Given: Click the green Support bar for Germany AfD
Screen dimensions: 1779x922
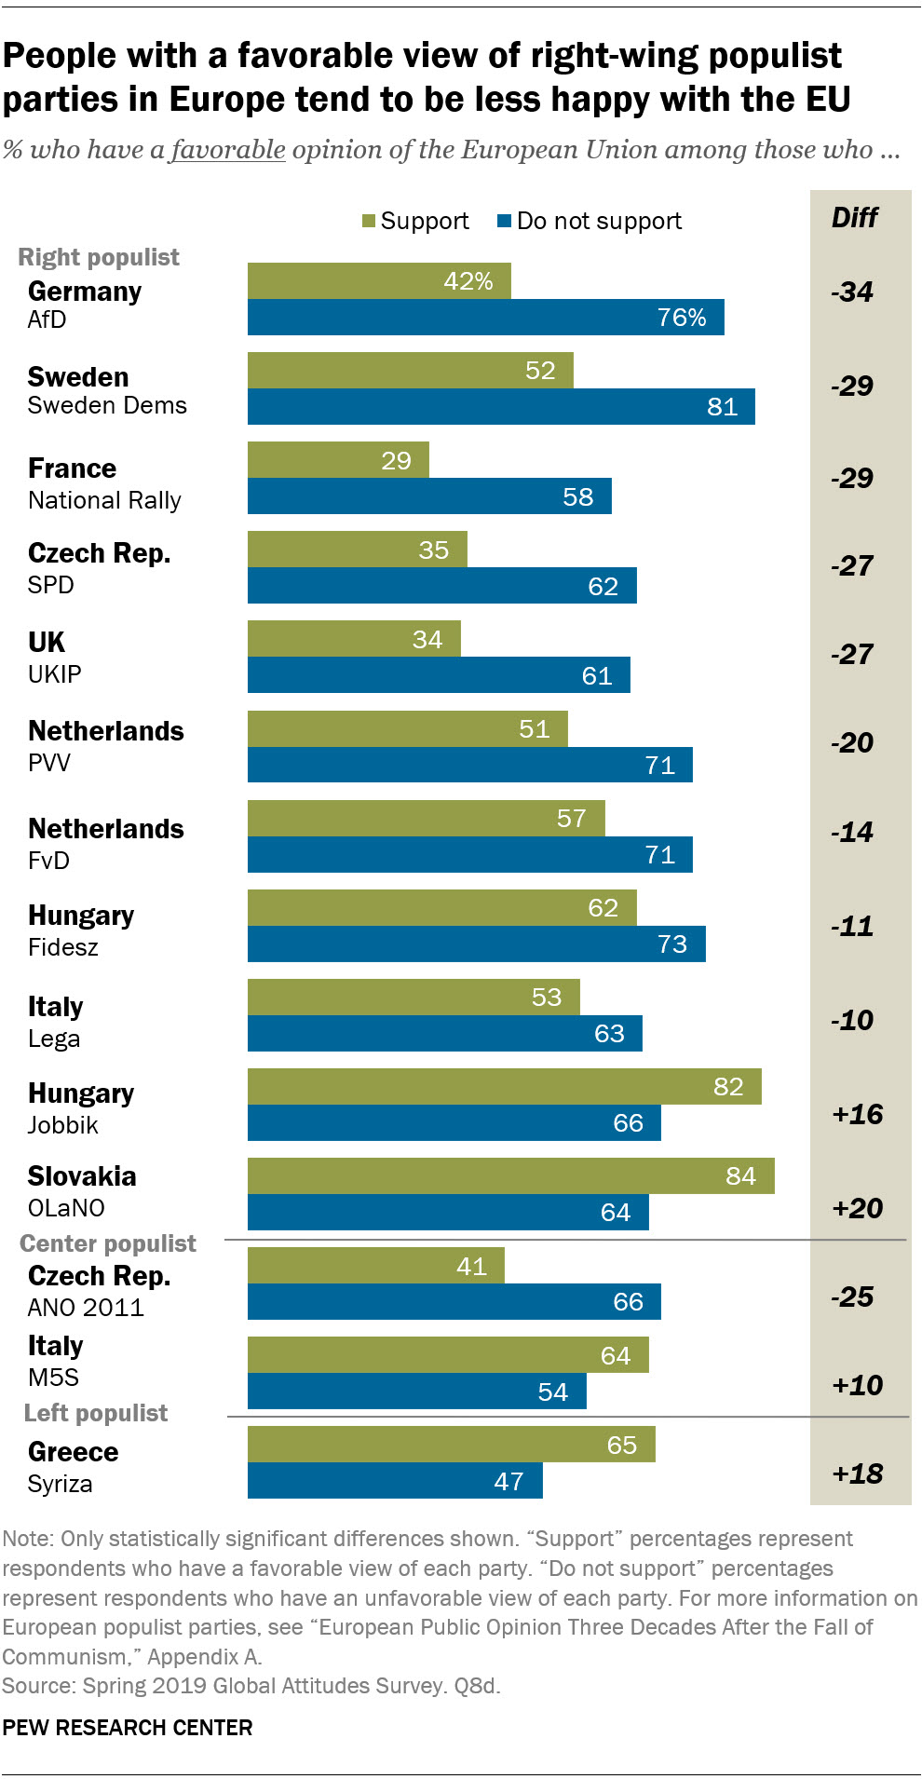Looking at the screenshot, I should tap(379, 281).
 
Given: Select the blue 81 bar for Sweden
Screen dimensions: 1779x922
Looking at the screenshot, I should tap(501, 407).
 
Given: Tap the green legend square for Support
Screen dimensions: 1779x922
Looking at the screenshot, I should tap(369, 221).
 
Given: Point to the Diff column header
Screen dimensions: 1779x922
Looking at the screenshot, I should tap(854, 218).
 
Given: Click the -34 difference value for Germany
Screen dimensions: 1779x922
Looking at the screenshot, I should tap(852, 292).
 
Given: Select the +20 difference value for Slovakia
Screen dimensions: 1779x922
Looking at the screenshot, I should tap(857, 1208).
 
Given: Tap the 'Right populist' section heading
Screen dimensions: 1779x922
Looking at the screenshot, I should tap(99, 257).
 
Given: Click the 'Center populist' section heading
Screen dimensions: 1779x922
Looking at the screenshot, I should tap(108, 1243).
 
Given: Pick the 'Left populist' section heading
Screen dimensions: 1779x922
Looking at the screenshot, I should tap(96, 1413).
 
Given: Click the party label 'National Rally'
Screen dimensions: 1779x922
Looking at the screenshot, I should tap(104, 500).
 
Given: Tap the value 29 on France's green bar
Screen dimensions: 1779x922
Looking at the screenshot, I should tap(396, 461).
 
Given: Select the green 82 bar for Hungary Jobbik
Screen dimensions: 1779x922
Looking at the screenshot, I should tap(504, 1086).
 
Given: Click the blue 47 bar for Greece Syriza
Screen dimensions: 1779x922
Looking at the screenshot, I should tap(395, 1481).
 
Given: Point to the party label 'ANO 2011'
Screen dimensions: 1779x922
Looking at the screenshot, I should tap(86, 1308).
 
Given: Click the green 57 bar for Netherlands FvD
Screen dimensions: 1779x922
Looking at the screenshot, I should tap(426, 818).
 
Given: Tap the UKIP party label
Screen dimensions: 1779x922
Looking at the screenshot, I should tap(55, 674).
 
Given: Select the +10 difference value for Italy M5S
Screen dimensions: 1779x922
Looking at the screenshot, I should tap(857, 1385).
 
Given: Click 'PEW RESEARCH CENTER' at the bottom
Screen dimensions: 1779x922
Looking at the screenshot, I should tap(128, 1728).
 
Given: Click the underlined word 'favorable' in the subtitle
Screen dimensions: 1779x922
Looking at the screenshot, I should tap(228, 149).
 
